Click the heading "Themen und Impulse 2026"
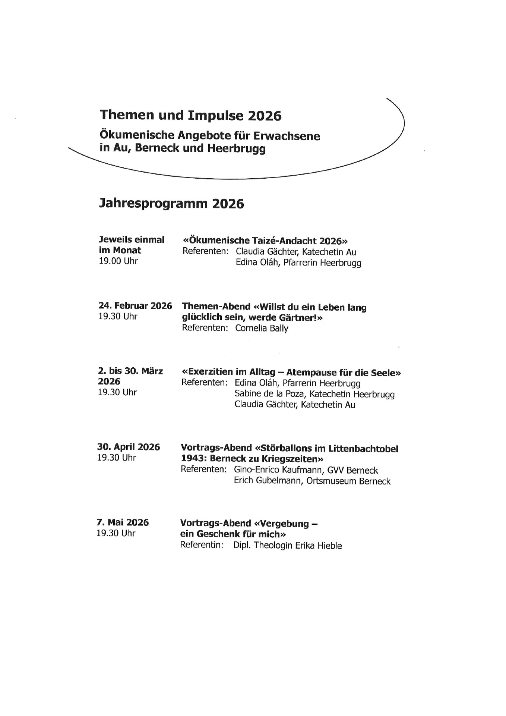tap(190, 115)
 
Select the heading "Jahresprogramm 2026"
tap(171, 204)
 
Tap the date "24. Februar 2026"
tap(135, 306)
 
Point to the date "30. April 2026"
tap(129, 447)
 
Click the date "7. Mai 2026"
tap(123, 522)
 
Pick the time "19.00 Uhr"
tap(118, 261)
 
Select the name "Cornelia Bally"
tap(262, 329)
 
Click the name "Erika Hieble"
tap(318, 546)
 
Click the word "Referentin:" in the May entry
tap(202, 545)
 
